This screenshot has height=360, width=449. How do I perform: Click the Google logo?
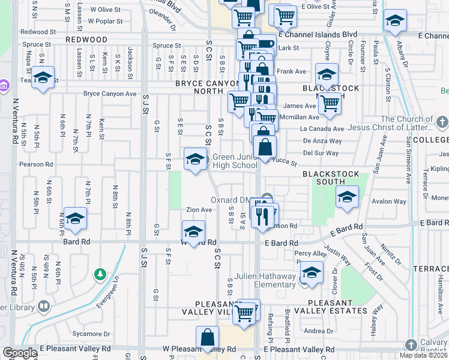(19, 353)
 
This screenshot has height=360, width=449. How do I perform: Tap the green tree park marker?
(100, 274)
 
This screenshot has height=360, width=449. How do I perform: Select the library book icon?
(44, 307)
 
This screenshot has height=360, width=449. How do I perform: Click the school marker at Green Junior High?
(194, 160)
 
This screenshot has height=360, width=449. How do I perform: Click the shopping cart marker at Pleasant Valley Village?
(244, 312)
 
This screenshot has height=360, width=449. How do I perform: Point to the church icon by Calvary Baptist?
(411, 345)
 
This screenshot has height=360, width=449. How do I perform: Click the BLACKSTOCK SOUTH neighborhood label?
(331, 174)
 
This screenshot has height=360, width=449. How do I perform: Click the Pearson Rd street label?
(35, 164)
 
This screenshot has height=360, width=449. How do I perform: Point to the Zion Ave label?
(199, 210)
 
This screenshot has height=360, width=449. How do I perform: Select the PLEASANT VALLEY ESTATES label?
(336, 311)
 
